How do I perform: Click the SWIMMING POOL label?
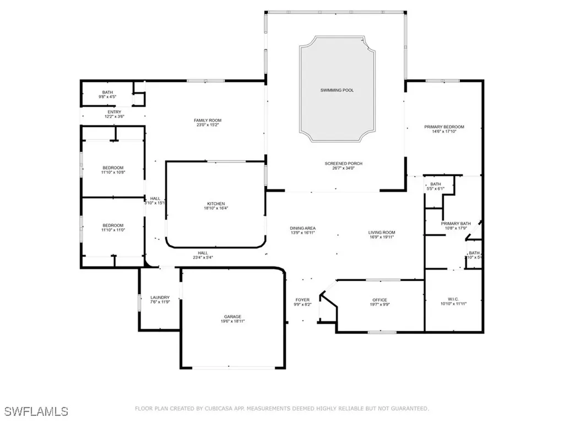(337, 90)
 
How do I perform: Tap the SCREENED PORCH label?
(343, 164)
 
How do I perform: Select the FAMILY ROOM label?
(207, 120)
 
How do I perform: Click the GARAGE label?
(232, 317)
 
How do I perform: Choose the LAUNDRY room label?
(160, 297)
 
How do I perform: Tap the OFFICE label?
(380, 300)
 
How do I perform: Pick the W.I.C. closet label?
(453, 298)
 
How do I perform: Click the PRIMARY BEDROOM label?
(444, 127)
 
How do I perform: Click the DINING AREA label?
(303, 228)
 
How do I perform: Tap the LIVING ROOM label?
(382, 232)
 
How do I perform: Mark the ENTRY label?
(115, 112)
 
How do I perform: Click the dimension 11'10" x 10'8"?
(113, 172)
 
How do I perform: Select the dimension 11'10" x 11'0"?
(113, 230)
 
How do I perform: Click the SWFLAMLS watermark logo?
(36, 411)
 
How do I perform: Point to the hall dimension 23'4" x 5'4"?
(203, 257)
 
